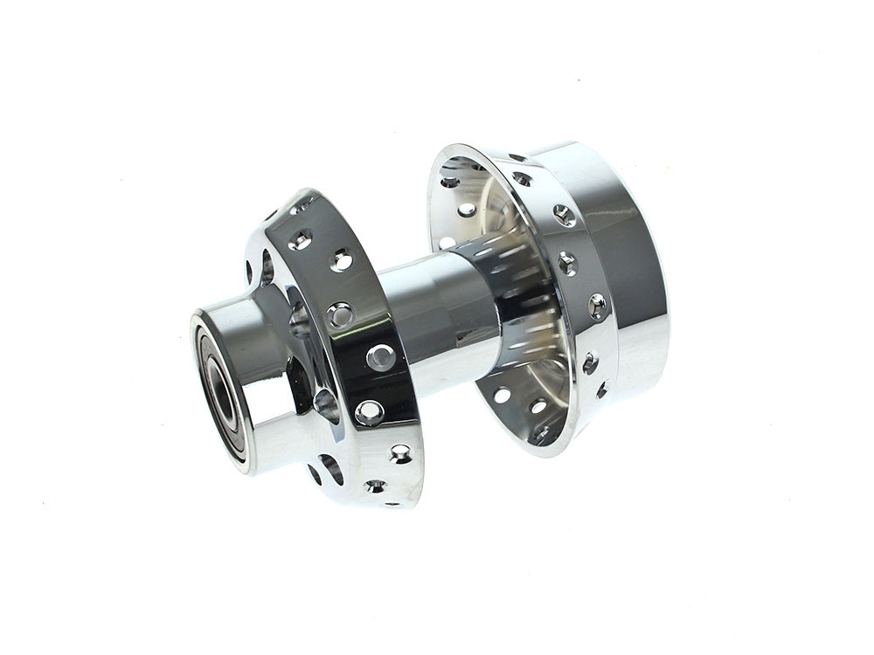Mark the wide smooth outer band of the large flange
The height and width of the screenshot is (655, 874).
point(629,262)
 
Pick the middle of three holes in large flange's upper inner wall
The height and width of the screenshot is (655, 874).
point(468,210)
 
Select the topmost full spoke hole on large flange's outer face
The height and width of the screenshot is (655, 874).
point(522,179)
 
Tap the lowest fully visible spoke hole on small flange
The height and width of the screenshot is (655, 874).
point(400,452)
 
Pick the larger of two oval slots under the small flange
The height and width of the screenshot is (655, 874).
point(331,467)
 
